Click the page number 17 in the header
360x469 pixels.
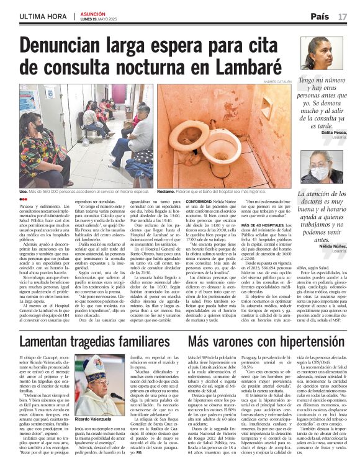pyautogui.click(x=343, y=15)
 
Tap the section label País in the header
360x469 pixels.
pyautogui.click(x=320, y=15)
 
